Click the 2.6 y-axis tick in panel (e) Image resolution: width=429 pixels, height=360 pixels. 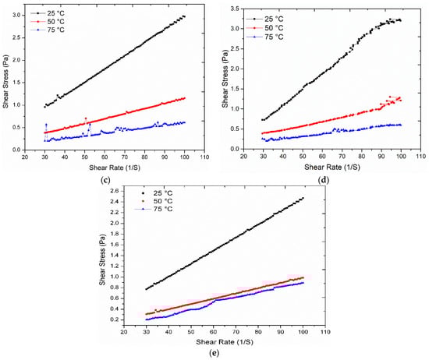coord(114,191)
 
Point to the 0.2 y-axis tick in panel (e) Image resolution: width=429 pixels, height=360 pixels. coord(114,319)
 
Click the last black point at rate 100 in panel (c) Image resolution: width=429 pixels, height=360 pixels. coord(184,16)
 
